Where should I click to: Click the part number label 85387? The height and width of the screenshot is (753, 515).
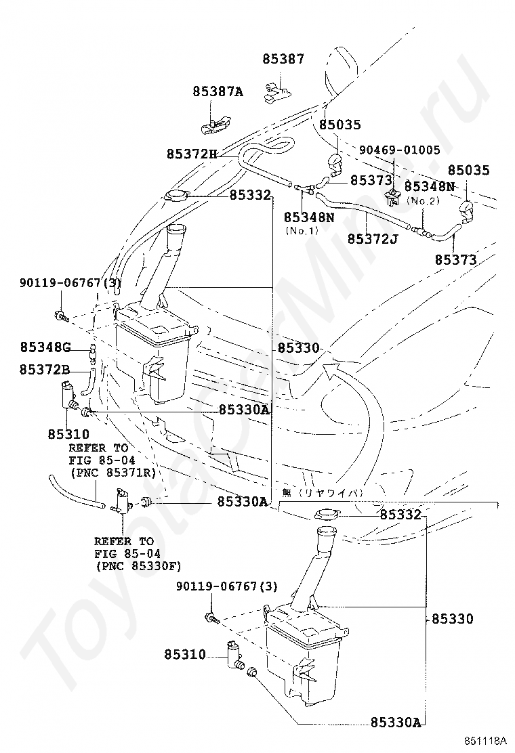pos(283,59)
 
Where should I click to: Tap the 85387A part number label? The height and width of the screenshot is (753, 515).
pos(218,91)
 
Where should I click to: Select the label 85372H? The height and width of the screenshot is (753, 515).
pos(192,154)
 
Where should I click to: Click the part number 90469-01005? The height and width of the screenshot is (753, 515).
pos(400,150)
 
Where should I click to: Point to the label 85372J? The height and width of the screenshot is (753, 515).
pos(372,238)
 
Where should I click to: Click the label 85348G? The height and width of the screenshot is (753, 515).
pos(45,347)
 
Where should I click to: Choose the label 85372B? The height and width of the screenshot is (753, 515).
pos(45,369)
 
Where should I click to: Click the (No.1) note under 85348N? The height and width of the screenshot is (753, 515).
pos(302,230)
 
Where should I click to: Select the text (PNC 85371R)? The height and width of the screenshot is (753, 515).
pos(113,473)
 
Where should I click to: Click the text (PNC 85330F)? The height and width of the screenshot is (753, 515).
pos(138,566)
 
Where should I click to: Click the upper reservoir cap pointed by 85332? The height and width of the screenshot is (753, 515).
pos(174,196)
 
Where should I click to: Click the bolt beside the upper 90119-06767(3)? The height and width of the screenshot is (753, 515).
pos(61,316)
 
